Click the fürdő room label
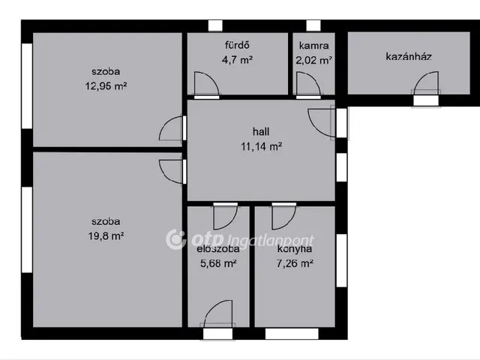click(237, 45)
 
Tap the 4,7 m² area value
click(237, 60)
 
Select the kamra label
click(313, 46)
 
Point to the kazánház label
click(409, 57)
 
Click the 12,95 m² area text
click(106, 86)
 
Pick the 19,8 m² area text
click(106, 236)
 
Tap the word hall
click(261, 132)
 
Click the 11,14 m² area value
click(261, 147)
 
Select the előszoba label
click(218, 248)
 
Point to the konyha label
click(295, 248)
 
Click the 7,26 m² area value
click(295, 263)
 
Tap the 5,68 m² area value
click(218, 263)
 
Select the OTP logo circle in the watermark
click(175, 239)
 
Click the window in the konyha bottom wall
click(292, 334)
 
